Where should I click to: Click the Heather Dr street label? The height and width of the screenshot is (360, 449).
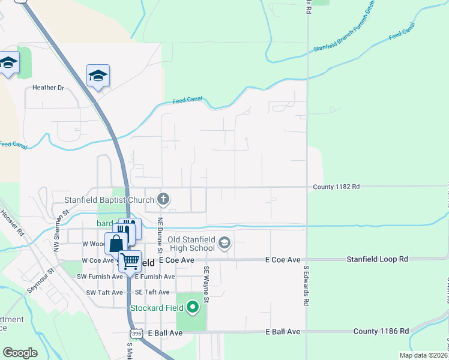(48, 88)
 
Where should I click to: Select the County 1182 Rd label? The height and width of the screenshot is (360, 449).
(336, 187)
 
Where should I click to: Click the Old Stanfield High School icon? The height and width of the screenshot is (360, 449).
(225, 243)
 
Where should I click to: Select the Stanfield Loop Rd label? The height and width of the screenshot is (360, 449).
(377, 259)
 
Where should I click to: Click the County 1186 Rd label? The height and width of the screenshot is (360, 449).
(381, 331)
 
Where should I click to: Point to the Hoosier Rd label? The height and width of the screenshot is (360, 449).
(11, 222)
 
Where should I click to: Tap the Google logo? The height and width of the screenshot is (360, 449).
(20, 353)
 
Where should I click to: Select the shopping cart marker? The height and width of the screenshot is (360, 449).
(130, 261)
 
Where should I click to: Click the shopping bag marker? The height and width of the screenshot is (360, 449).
(116, 244)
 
